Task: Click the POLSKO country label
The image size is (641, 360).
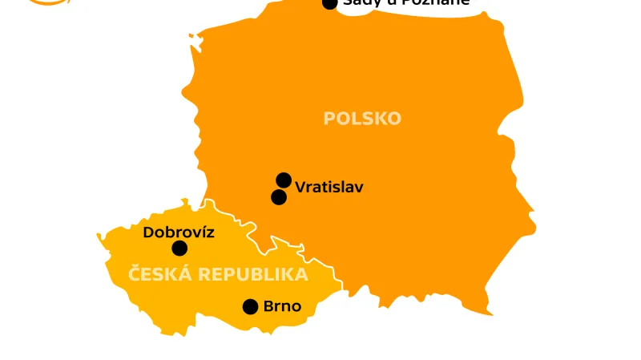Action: tap(362, 119)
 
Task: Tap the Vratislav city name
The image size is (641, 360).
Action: tap(329, 188)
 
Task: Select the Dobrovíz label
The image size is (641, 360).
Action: tap(179, 233)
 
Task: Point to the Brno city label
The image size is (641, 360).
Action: tap(282, 306)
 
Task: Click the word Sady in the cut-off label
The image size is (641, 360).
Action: tap(361, 2)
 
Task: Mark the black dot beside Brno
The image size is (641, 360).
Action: tap(250, 306)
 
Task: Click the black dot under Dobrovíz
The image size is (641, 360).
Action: tap(179, 249)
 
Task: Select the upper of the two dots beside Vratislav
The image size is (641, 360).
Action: tap(284, 180)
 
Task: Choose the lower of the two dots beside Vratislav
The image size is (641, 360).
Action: tap(279, 196)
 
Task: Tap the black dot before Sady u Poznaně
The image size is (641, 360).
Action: tap(329, 3)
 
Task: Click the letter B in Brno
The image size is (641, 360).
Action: tap(268, 306)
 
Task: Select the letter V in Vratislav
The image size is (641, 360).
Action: tap(300, 188)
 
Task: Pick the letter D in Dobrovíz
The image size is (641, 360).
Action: tap(148, 233)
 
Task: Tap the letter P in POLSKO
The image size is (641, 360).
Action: tap(329, 119)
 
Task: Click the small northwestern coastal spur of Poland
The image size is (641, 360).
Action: tap(191, 35)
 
